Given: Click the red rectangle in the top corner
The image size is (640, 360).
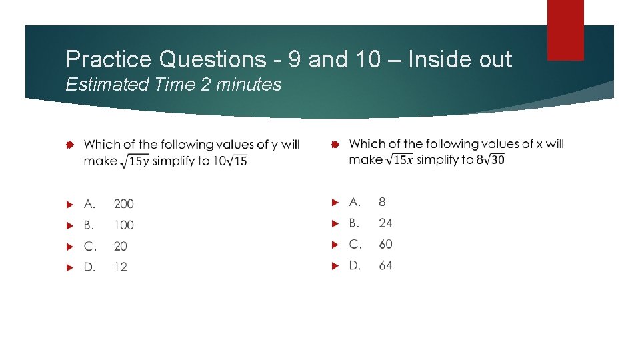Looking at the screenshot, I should pos(565,29).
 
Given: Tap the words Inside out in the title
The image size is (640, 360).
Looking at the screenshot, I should pos(460,60).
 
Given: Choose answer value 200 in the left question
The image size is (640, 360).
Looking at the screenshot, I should pos(123,203).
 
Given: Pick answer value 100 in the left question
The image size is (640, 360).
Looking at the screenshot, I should pos(123,225).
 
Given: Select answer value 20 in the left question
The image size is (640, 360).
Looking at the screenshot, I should pos(120,246).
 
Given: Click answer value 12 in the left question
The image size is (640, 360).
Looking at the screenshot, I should pos(120,267).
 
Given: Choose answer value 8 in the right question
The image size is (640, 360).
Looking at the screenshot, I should pos(382,201).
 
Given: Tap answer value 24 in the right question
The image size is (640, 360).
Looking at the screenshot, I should pos(385,223).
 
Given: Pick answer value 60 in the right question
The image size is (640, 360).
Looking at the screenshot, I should pos(385,244).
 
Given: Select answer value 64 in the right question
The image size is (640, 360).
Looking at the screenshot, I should pos(385,265).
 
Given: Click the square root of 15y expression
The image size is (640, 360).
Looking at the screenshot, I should pos(135,161).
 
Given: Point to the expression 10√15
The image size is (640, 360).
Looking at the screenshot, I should pos(230,161).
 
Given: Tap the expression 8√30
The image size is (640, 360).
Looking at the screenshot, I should pos(490,159).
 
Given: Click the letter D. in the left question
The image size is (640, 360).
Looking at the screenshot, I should pos(90,267).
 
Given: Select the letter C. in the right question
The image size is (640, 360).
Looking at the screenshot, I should pos(355,244).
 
